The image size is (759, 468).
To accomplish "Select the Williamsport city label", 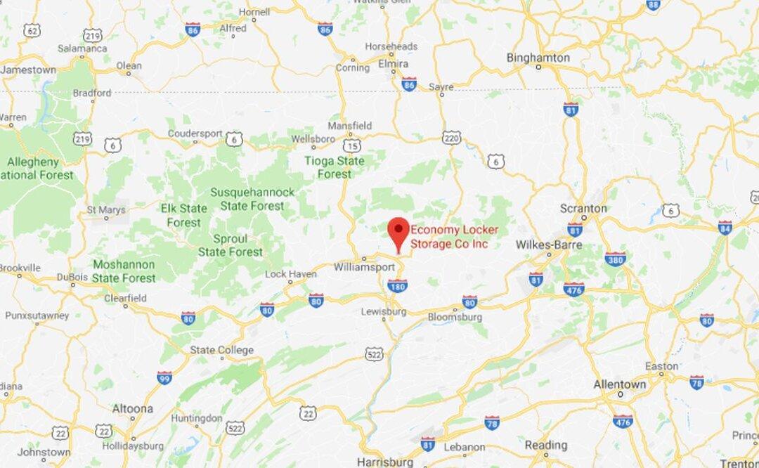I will (x=365, y=267).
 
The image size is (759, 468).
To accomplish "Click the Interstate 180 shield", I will (x=397, y=285).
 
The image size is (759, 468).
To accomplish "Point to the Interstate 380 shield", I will (x=615, y=259).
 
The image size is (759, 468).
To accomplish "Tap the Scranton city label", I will (x=583, y=208).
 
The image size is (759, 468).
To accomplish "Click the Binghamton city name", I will (x=538, y=58).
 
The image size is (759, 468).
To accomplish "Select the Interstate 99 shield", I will (x=164, y=377).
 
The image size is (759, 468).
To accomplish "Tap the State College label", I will (x=221, y=350).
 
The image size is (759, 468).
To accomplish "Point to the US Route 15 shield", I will (x=352, y=145).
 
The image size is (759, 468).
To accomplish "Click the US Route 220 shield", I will (x=452, y=137).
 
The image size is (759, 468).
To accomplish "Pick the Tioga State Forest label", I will (x=335, y=167).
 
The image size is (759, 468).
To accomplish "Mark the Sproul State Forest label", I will (x=231, y=245).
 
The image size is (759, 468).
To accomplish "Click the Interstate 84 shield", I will (x=725, y=227).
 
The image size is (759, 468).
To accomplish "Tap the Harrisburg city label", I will (x=384, y=462).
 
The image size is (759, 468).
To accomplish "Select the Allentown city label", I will (x=620, y=384).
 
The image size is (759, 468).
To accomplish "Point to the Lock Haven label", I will (x=291, y=274).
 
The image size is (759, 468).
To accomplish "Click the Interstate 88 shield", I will (x=653, y=5).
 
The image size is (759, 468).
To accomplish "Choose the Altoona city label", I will (x=133, y=408).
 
